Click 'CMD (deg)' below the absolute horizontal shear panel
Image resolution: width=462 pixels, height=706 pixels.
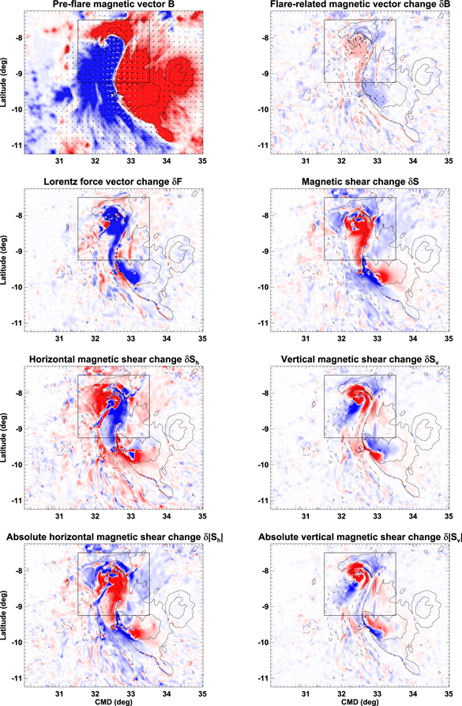tap(113, 700)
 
